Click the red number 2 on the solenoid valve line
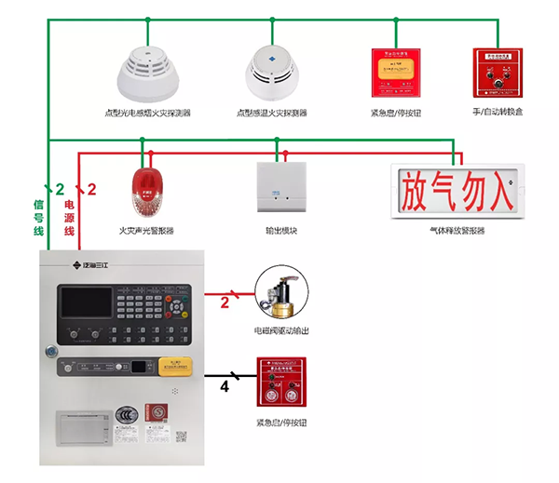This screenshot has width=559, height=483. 225,301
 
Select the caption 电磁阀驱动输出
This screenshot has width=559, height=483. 283,330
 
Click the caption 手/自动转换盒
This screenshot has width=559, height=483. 498,113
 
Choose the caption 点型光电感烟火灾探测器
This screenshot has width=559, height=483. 147,113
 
